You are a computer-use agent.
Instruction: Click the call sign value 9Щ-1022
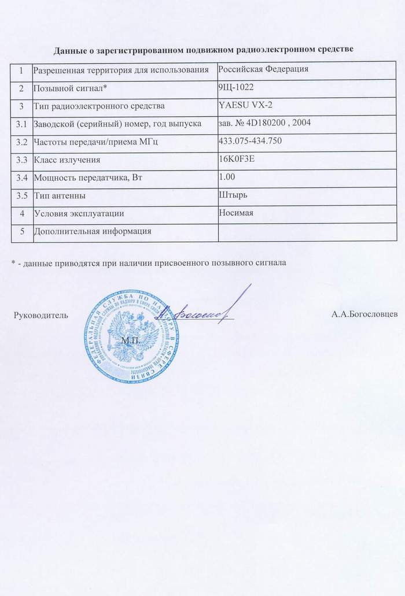coord(237,87)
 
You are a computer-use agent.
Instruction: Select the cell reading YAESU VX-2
coord(245,105)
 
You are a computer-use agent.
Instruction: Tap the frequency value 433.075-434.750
coord(251,140)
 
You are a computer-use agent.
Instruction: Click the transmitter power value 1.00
coord(227,176)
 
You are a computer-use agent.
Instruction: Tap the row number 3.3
coord(21,159)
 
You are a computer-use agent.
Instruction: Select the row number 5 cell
coord(22,231)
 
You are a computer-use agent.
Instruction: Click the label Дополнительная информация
coord(93,231)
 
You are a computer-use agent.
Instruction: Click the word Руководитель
coord(41,316)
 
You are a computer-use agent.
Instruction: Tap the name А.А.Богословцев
coord(365,316)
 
